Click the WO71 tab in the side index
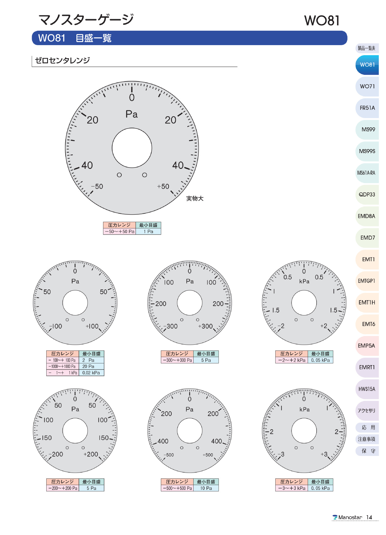367,86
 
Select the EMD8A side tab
366,216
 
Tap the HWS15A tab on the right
367,389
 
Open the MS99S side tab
367,151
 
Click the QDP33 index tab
367,194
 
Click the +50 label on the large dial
163,186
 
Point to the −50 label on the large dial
97,186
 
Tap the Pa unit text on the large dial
132,114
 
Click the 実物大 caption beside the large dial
195,198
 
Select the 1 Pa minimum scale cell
148,232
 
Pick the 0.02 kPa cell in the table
91,373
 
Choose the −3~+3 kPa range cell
292,488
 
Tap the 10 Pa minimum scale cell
206,488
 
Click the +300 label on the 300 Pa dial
206,326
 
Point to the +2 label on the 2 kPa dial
324,326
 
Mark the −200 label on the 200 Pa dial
56,454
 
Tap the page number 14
369,517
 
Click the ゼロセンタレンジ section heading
62,60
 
